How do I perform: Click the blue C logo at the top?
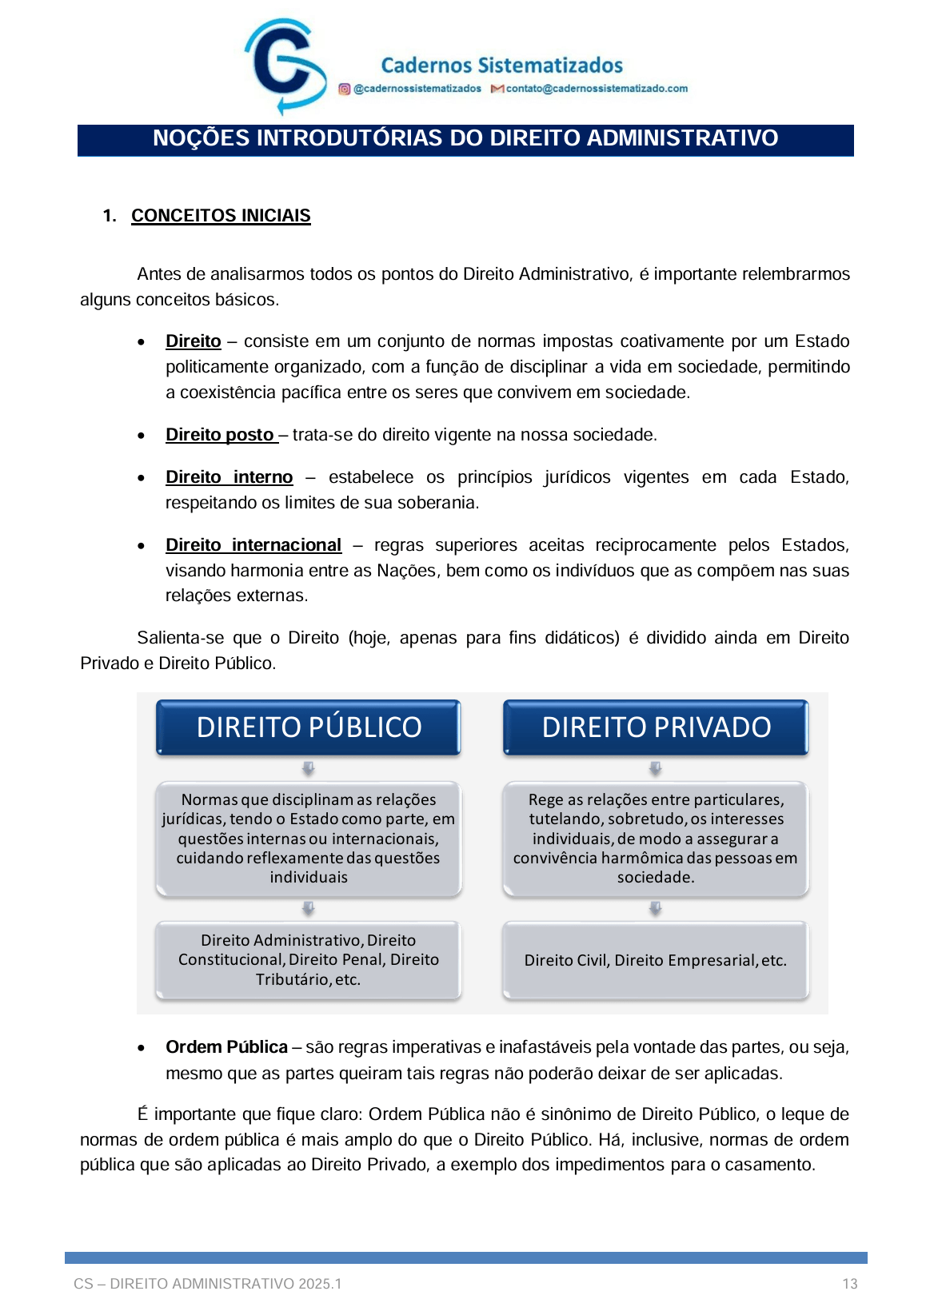pos(284,66)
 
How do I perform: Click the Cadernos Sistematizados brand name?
pos(501,66)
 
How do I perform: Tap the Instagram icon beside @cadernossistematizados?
pos(344,89)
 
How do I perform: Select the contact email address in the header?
pos(596,89)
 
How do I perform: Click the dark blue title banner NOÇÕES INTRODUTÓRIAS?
pos(465,139)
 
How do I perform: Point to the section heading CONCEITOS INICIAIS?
pos(221,216)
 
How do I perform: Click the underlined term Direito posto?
pos(220,435)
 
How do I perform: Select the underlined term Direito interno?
pos(229,477)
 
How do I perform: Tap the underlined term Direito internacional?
pos(253,545)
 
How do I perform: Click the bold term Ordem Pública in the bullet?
pos(226,1047)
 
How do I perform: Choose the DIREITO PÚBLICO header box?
pos(309,727)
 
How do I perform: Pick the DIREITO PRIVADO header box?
pos(656,727)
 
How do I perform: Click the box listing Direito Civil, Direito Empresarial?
pos(656,960)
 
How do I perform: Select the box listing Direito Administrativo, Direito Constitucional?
pos(309,960)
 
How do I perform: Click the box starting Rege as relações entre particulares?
pos(656,839)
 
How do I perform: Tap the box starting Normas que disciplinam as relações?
pos(309,839)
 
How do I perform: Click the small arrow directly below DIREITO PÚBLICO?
pos(308,768)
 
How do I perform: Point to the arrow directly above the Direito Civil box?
pos(655,909)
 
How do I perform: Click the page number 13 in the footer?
pos(849,1285)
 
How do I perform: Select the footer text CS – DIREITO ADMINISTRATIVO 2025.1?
pos(208,1285)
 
